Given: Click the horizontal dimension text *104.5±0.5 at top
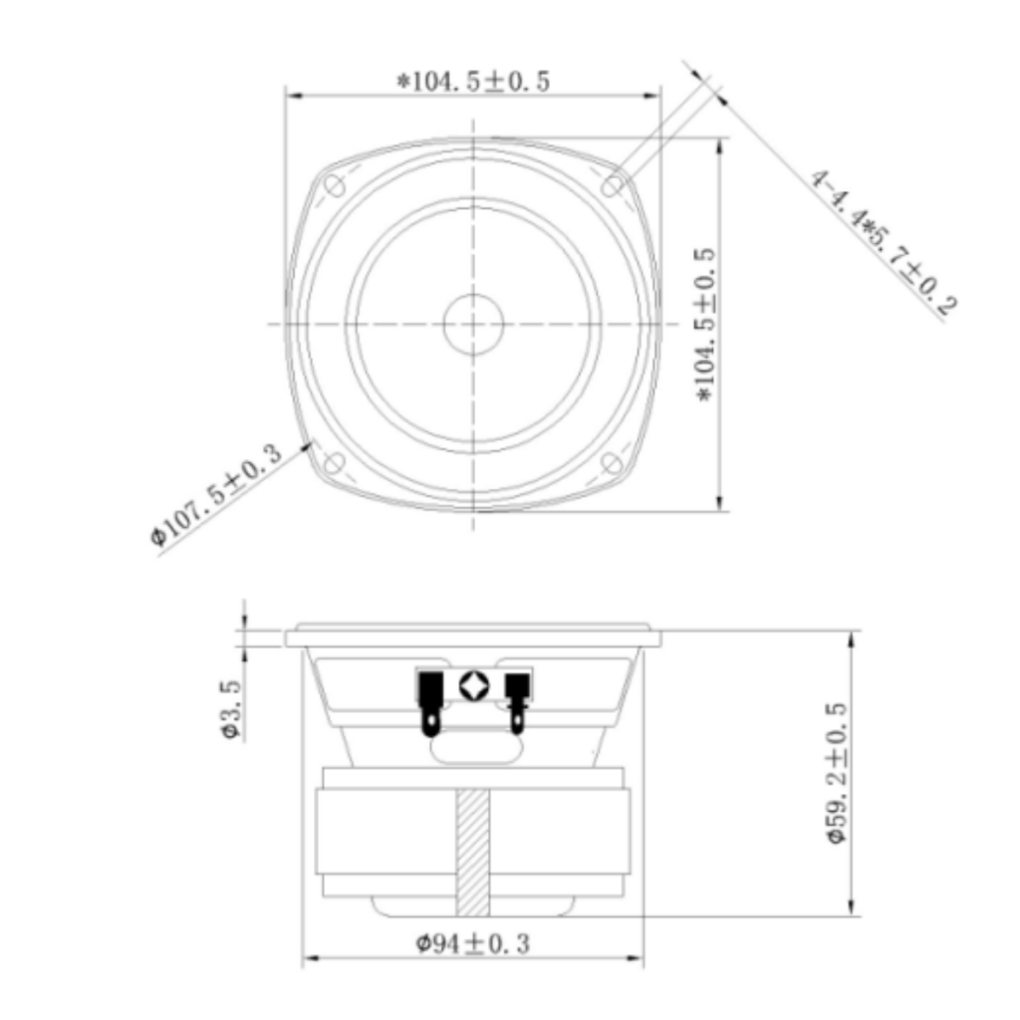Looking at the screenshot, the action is tap(473, 82).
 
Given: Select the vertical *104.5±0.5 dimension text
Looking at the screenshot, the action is tap(705, 325).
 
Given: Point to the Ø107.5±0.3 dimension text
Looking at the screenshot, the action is tap(216, 494).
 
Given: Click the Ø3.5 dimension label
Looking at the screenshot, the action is tap(231, 709).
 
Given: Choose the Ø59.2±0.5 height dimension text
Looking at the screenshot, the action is tap(837, 773).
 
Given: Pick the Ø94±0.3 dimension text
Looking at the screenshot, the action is tap(473, 943).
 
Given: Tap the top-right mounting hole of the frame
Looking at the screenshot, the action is tap(613, 185).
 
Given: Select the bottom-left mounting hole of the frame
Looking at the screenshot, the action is tap(335, 463).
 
